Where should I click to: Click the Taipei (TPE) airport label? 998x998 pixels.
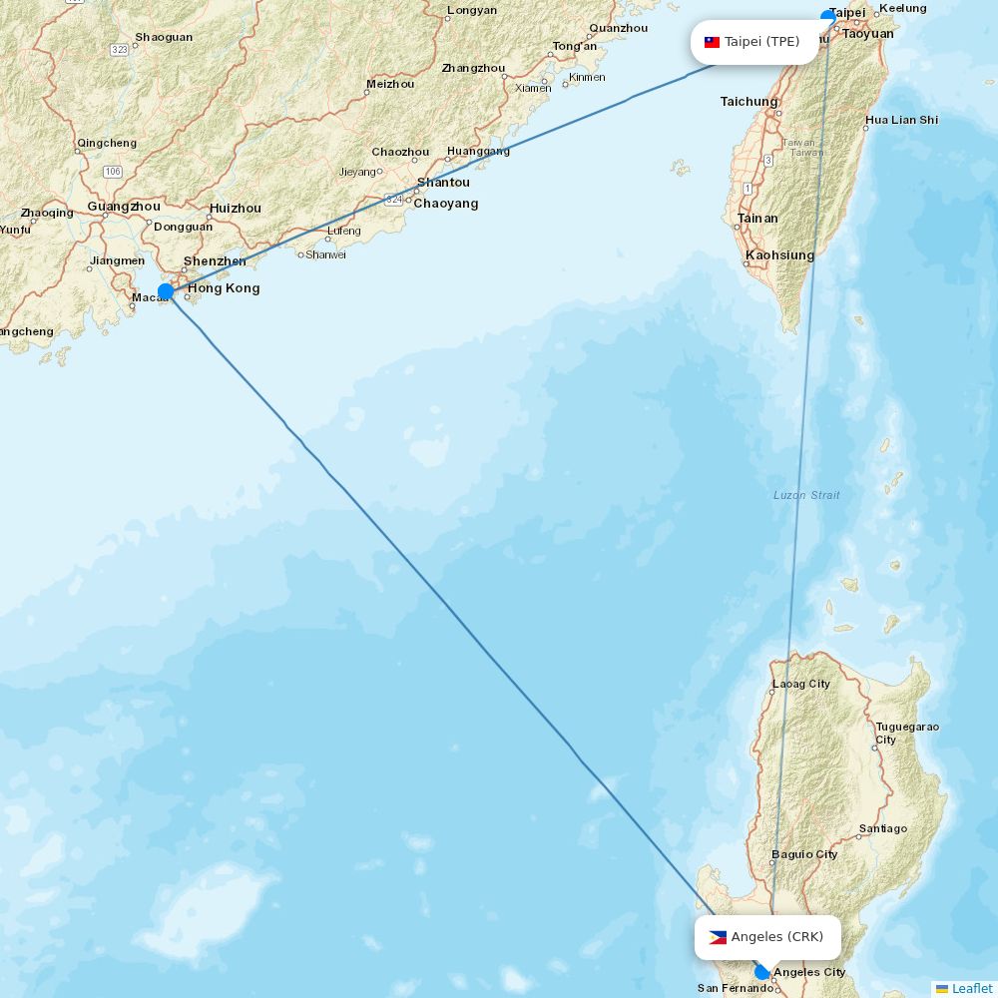coord(761,42)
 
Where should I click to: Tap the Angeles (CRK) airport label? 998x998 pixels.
coord(776,937)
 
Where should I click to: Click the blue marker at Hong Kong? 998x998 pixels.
coord(166,291)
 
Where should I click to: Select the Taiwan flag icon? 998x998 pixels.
coord(712,42)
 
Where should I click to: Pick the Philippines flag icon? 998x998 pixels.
coord(718,937)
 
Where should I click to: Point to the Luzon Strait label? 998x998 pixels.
coord(806,495)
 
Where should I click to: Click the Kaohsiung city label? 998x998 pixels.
coord(779,255)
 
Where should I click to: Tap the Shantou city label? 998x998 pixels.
coord(443,183)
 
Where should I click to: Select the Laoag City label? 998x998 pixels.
coord(800,685)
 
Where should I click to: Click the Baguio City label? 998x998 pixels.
coord(804,855)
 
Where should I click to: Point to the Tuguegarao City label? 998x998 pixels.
coord(906,733)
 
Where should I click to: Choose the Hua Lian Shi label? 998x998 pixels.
coord(902,120)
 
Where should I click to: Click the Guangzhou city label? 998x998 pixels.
coord(124,207)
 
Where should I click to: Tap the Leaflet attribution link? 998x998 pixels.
coord(971,988)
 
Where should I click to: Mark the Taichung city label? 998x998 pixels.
coord(748,102)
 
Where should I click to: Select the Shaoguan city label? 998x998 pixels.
coord(164,38)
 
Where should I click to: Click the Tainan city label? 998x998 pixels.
coord(757,219)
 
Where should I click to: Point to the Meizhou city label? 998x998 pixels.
coord(390,84)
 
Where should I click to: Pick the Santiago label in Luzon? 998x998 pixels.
coord(883,828)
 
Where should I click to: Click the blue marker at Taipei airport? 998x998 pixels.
coord(827,16)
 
